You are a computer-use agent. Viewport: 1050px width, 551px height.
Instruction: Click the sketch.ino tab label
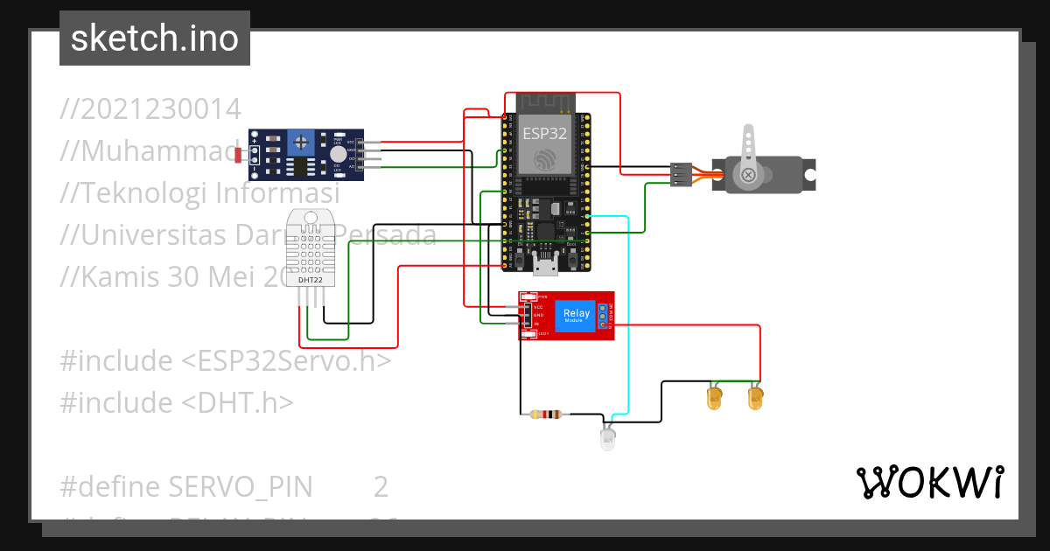click(x=155, y=38)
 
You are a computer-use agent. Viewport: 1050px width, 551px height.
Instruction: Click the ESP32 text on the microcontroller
click(x=544, y=134)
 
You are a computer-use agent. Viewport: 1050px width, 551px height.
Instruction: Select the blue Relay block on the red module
click(x=576, y=315)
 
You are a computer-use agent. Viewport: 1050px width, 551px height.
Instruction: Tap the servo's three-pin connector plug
click(x=682, y=174)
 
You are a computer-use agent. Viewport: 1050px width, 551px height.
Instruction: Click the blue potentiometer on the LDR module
click(x=302, y=141)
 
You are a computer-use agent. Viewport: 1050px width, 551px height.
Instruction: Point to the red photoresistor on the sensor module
click(x=239, y=155)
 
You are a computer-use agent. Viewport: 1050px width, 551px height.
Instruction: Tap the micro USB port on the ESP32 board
click(x=547, y=268)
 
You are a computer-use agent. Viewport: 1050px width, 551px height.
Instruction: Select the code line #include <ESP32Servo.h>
click(x=225, y=361)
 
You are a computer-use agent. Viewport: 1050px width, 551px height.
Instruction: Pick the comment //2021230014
click(x=150, y=109)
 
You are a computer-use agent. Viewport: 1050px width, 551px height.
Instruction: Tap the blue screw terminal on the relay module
click(x=602, y=316)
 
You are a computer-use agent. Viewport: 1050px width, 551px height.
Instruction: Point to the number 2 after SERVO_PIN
click(x=381, y=486)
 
